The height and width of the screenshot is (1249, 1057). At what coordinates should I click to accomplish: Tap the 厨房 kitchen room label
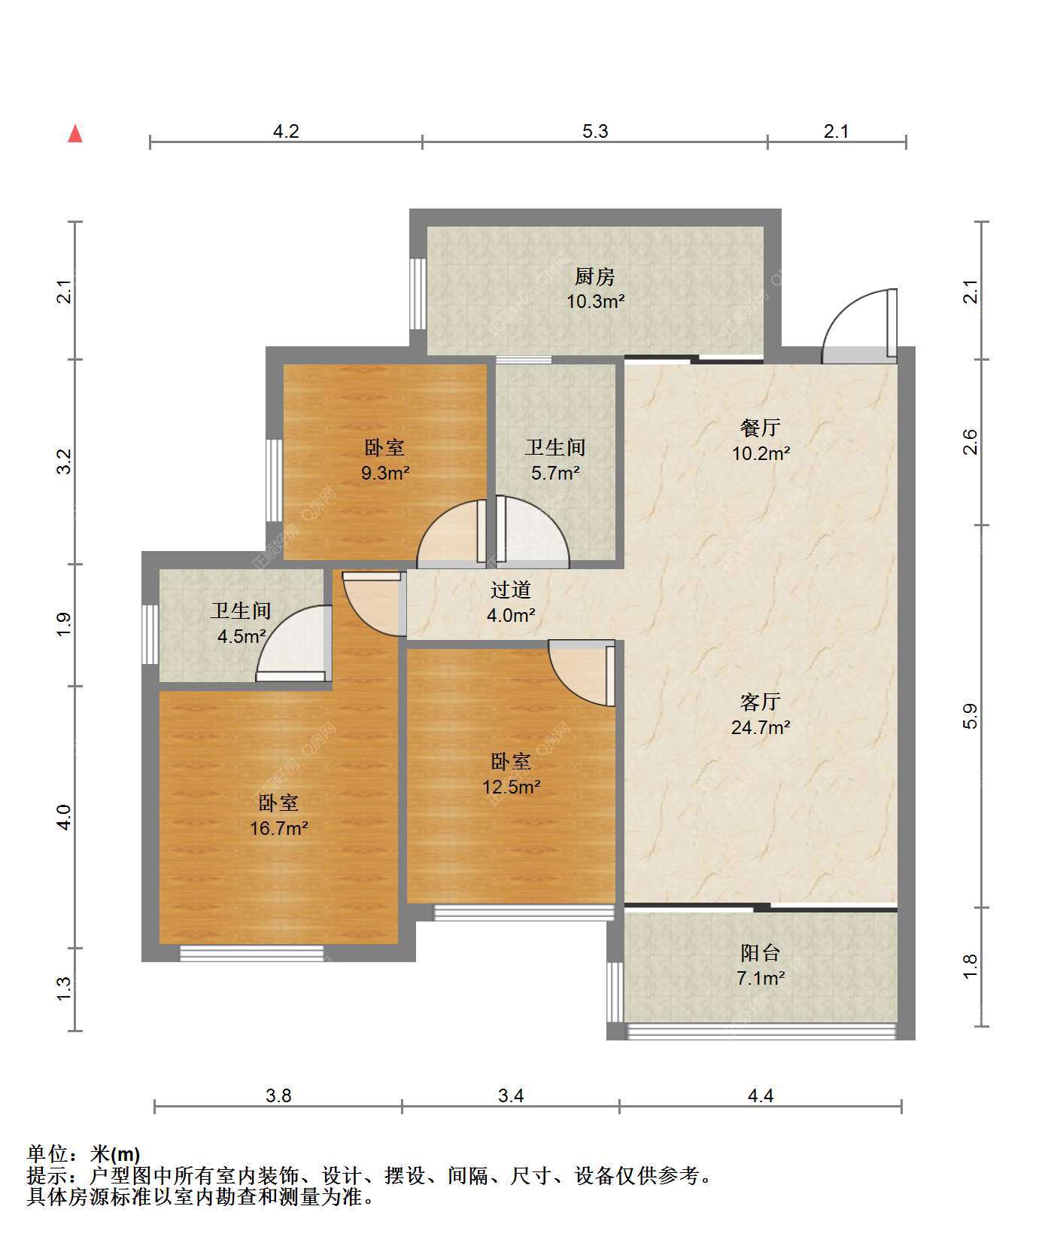click(595, 276)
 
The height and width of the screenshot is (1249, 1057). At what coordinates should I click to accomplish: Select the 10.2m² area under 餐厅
click(761, 453)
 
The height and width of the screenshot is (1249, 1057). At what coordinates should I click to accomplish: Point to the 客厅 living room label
click(761, 702)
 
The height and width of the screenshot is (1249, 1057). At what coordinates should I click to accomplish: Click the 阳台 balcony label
click(761, 952)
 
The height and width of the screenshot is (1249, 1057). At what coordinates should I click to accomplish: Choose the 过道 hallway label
click(511, 589)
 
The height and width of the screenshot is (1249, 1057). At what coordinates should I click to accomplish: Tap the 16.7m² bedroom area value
click(279, 828)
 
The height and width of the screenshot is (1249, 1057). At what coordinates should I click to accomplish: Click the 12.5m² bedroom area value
click(512, 787)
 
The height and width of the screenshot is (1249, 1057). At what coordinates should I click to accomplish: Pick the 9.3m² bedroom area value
click(385, 473)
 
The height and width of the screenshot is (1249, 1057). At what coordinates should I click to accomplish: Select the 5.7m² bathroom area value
click(555, 473)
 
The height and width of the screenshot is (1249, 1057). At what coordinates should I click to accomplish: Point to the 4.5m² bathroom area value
click(241, 636)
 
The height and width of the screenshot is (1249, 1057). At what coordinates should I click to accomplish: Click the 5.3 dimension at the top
click(595, 131)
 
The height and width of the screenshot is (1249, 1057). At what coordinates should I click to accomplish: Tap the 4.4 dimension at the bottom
click(761, 1095)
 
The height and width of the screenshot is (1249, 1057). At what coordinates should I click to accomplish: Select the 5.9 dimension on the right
click(970, 715)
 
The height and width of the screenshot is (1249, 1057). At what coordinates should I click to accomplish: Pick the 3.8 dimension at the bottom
click(278, 1095)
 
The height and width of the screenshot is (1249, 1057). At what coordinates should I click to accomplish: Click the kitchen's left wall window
click(418, 294)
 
